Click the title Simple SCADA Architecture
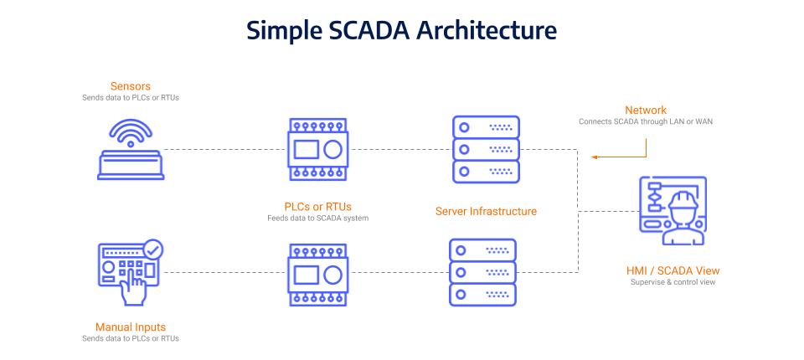pos(401,30)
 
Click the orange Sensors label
pos(130,86)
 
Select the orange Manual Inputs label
pos(130,327)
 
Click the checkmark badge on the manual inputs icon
pos(153,249)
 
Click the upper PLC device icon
pos(318,151)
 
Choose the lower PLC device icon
pos(318,274)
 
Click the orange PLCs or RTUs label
pos(318,206)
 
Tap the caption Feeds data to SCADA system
pos(318,218)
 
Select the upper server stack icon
pos(486,149)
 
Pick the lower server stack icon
pos(482,272)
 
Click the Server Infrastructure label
pos(486,211)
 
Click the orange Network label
pos(646,111)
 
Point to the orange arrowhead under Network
pos(593,157)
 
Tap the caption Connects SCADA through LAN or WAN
pos(646,121)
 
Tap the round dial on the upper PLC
pos(333,151)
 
